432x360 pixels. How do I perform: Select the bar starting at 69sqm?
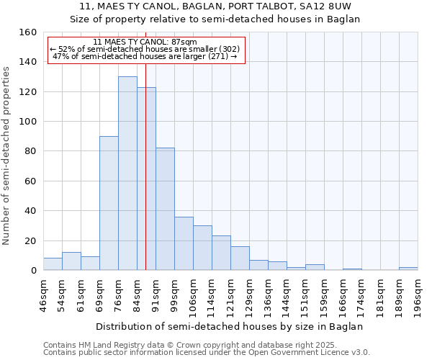(109, 203)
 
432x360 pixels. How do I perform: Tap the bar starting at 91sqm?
(165, 209)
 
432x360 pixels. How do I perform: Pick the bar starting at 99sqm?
(184, 243)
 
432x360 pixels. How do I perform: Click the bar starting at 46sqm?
(53, 264)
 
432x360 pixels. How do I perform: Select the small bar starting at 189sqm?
(408, 269)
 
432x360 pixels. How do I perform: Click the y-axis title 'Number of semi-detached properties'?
(7, 151)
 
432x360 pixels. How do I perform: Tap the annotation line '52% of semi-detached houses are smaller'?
(146, 49)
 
